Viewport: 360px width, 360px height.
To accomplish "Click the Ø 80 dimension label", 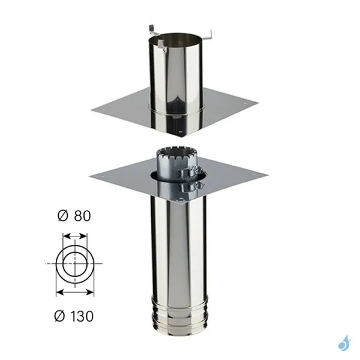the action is (74, 216).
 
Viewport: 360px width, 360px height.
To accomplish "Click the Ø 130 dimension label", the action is (74, 316).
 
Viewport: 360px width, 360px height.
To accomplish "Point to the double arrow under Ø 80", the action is (74, 236).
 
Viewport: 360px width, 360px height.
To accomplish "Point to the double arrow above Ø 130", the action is (75, 292).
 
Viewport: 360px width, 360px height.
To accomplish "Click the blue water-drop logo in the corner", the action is (344, 343).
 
